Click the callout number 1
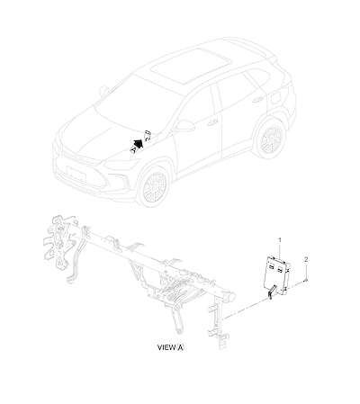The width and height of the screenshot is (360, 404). [x=280, y=240]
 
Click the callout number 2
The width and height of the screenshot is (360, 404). [x=306, y=259]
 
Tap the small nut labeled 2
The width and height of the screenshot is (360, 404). [x=306, y=280]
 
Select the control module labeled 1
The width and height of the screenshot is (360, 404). [x=277, y=274]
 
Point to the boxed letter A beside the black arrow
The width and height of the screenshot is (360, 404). [x=134, y=148]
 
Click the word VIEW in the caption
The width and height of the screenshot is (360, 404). [x=166, y=347]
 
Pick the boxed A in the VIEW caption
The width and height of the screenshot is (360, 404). [x=180, y=347]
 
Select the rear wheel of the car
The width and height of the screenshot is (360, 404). [x=270, y=139]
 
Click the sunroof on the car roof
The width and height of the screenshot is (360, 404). [x=191, y=66]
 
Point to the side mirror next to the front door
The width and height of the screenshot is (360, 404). [x=184, y=126]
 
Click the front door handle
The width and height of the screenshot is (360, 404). [x=212, y=122]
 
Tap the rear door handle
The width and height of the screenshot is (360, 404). [x=258, y=99]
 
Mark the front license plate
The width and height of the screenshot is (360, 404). [x=76, y=174]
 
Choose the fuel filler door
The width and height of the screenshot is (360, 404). [x=276, y=98]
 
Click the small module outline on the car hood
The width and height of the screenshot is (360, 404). [x=148, y=135]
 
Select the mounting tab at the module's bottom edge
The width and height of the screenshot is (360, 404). [x=271, y=292]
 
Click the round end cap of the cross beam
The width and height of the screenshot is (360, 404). [x=231, y=297]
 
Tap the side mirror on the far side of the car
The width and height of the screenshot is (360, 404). [x=103, y=91]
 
